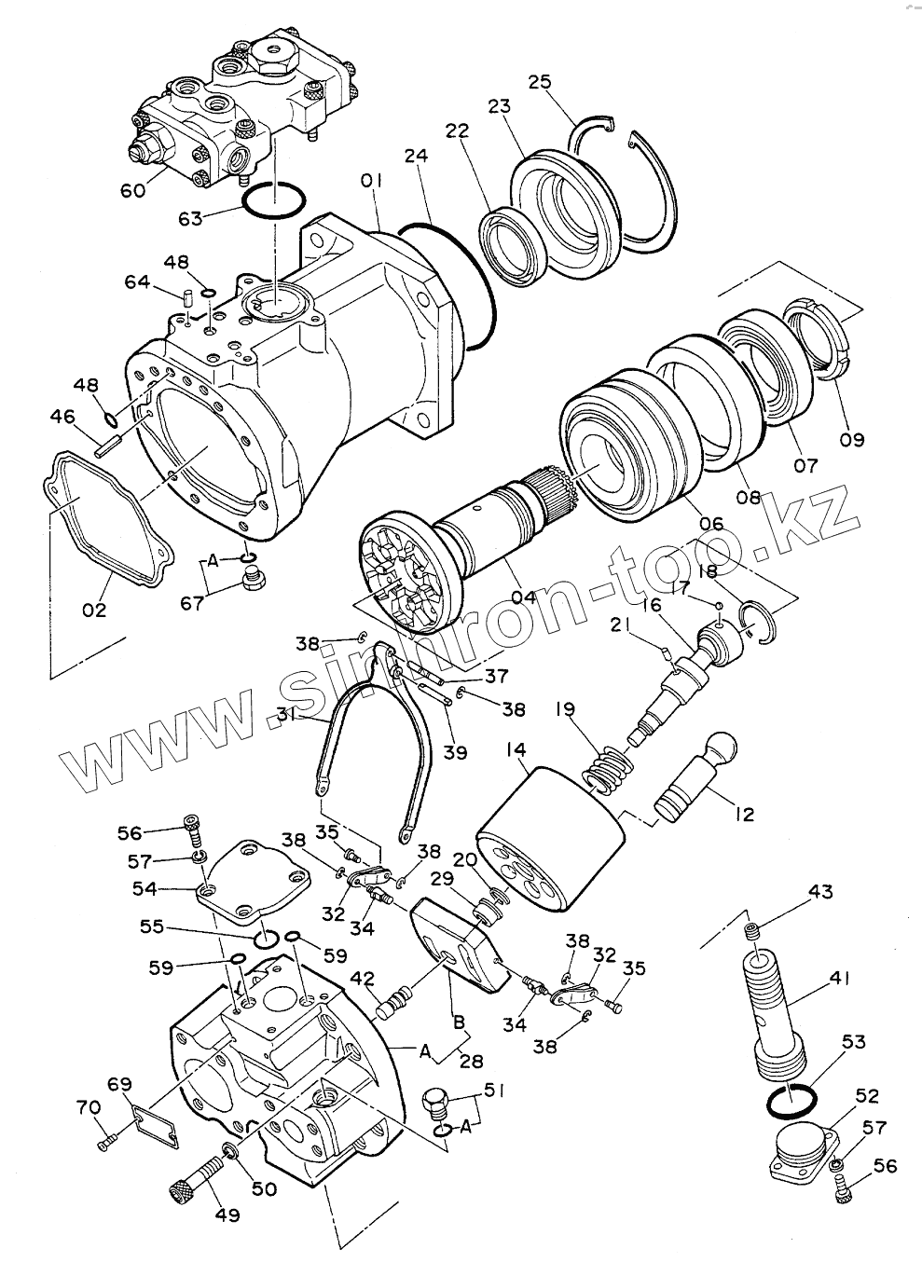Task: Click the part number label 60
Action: pyautogui.click(x=133, y=190)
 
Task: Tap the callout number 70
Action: pyautogui.click(x=88, y=1107)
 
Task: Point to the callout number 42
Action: pyautogui.click(x=362, y=979)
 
